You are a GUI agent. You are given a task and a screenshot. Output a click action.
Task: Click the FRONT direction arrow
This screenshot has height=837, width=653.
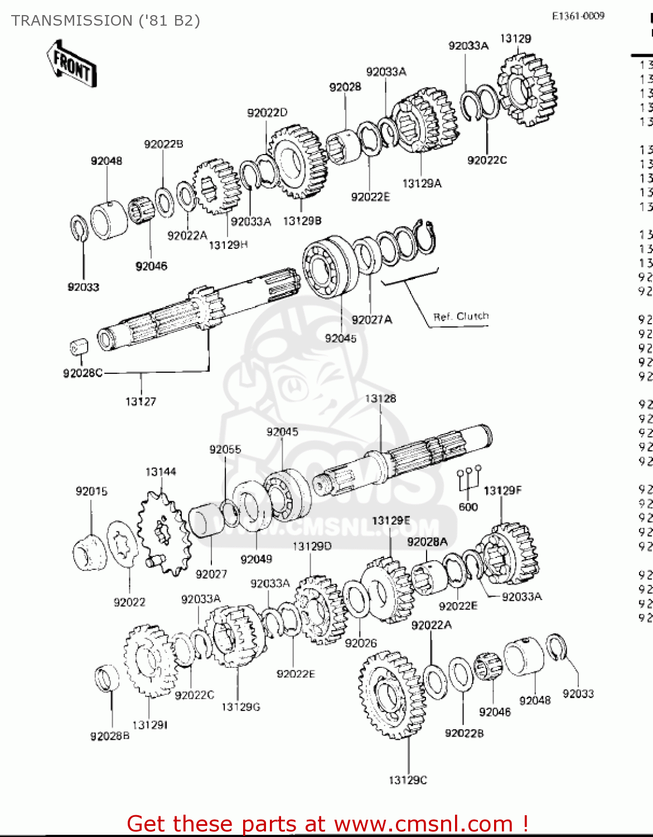[x=71, y=63]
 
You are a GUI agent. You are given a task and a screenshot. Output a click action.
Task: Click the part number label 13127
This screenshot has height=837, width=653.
[x=141, y=401]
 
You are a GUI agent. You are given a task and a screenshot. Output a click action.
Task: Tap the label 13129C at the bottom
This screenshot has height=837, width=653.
[x=408, y=780]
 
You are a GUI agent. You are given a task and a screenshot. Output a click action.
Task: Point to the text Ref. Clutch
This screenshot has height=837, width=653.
[x=461, y=316]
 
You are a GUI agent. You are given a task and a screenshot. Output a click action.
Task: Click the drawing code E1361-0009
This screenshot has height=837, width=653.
[x=578, y=16]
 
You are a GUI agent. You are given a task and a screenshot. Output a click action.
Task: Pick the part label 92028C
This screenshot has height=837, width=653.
[x=83, y=373]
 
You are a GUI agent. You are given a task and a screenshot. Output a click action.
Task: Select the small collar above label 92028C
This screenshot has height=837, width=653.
[x=79, y=347]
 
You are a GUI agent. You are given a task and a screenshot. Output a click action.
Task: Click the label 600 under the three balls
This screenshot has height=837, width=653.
[x=468, y=507]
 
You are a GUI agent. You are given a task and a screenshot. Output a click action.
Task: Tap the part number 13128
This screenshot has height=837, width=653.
[x=380, y=398]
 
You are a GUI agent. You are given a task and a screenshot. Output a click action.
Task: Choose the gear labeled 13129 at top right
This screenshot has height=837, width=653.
[x=526, y=89]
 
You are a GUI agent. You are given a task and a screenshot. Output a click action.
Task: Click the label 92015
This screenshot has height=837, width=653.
[x=91, y=491]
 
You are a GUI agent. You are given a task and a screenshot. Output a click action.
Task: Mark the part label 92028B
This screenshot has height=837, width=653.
[x=110, y=736]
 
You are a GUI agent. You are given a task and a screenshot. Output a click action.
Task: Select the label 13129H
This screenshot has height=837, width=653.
[x=228, y=244]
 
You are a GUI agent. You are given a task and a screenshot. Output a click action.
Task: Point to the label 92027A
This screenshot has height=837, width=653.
[x=371, y=319]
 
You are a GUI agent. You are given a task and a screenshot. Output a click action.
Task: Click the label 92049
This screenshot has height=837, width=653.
[x=256, y=559]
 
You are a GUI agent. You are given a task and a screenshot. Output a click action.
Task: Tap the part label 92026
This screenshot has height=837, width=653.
[x=361, y=643]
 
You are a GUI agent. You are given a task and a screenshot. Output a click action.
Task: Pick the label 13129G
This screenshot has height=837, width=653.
[x=240, y=707]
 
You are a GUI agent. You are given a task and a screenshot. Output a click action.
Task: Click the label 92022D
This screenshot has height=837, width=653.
[x=267, y=113]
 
